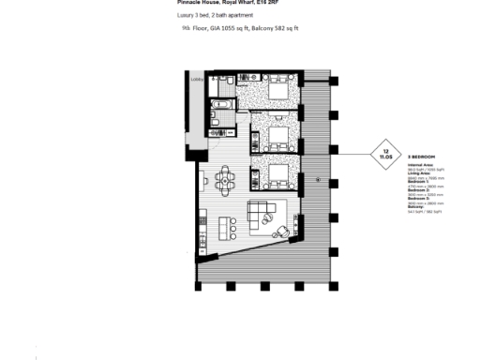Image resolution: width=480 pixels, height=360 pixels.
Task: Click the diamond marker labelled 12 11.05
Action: click(385, 154)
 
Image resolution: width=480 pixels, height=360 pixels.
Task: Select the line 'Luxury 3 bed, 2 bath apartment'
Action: click(215, 17)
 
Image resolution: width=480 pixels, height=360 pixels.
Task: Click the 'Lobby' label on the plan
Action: click(197, 80)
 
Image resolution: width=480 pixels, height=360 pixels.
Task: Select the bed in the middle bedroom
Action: click(277, 137)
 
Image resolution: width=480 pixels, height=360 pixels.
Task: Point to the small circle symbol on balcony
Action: click(320, 178)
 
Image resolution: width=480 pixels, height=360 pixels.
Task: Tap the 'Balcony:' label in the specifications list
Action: click(416, 207)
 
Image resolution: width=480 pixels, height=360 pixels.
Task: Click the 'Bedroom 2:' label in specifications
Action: click(419, 189)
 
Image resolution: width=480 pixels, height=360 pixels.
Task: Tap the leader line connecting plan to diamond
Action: click(352, 154)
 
